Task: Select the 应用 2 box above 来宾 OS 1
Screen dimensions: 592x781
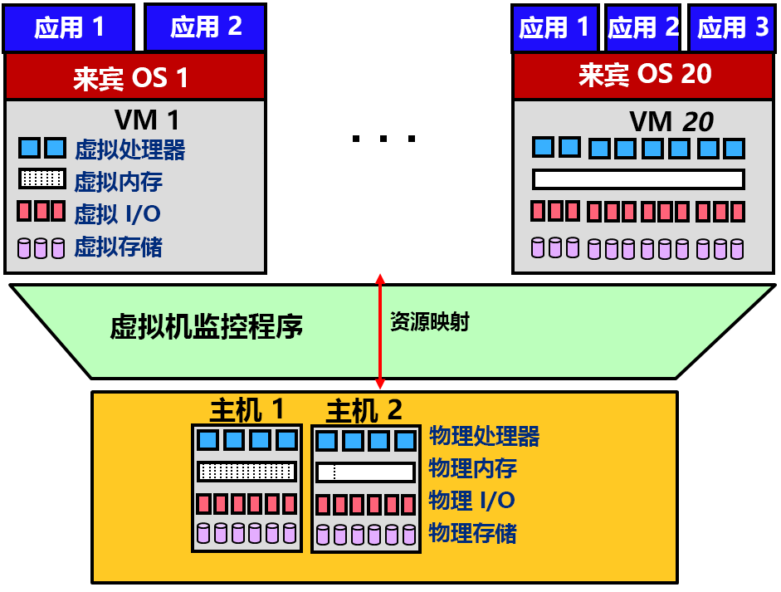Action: pos(206,27)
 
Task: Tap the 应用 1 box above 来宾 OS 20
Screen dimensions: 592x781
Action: pos(554,28)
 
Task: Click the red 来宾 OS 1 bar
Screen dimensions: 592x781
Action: pos(134,77)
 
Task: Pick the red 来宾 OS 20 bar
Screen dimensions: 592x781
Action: pos(645,75)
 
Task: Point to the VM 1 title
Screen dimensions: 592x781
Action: pos(147,120)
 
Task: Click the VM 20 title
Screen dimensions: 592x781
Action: pos(671,121)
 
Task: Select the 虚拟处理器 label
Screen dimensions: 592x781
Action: pos(129,149)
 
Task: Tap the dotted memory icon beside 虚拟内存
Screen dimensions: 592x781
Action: pos(41,179)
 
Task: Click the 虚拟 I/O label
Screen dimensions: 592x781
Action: pos(117,214)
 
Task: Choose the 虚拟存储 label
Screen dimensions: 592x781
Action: pos(118,247)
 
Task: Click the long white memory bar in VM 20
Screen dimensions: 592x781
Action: pos(637,179)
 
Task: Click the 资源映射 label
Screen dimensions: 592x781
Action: pos(429,323)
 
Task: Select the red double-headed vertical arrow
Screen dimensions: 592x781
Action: pos(380,331)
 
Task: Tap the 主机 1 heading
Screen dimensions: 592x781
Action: pos(247,409)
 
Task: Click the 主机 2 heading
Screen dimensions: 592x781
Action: pos(364,410)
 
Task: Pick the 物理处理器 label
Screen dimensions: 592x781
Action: pos(484,436)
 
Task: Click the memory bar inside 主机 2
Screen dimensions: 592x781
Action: pos(365,472)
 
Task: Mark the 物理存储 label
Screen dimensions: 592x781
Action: pos(472,533)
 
